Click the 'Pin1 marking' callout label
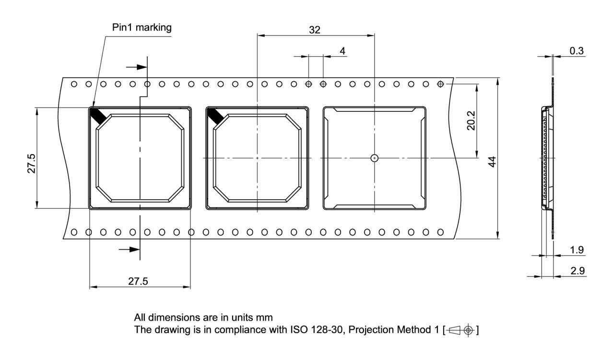coord(142,28)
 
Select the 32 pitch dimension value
coord(314,30)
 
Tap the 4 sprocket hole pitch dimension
coord(342,51)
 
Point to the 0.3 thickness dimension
coord(577,51)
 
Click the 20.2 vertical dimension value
coord(471,120)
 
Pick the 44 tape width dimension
coord(492,162)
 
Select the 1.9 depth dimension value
coord(577,250)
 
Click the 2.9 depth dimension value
coord(577,271)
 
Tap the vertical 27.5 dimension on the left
coord(31,164)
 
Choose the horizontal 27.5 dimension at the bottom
coord(138,281)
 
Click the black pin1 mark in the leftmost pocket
coord(98,116)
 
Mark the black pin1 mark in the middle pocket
coord(216,116)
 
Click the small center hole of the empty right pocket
coord(375,158)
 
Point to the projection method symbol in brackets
coord(460,330)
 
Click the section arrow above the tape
coord(137,67)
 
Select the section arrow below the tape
coord(129,250)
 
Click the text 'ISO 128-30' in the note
coord(317,330)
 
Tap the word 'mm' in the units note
coord(264,318)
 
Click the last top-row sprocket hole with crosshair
coord(440,84)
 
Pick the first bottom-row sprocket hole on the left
coord(74,232)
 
